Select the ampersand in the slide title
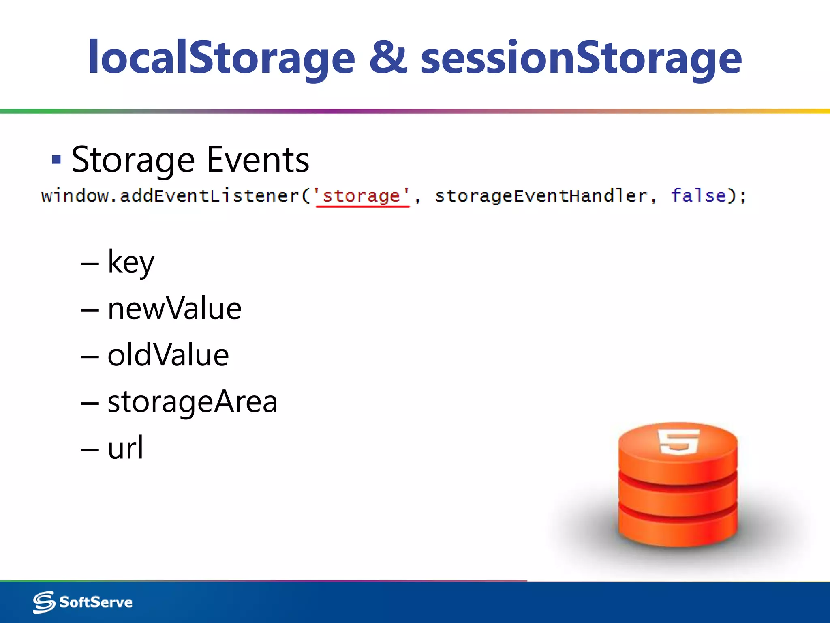pos(388,58)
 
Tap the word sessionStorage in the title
pos(581,58)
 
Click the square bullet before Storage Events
pos(56,159)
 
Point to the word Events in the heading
pos(258,159)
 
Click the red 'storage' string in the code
pos(362,196)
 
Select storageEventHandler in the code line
pos(541,196)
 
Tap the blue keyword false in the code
pos(698,196)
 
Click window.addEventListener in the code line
pos(170,196)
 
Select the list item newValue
pos(174,309)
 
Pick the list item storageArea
pos(192,402)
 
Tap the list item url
pos(125,448)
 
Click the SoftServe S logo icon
pos(44,602)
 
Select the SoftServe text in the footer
pos(96,602)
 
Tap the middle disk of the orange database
pos(678,497)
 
